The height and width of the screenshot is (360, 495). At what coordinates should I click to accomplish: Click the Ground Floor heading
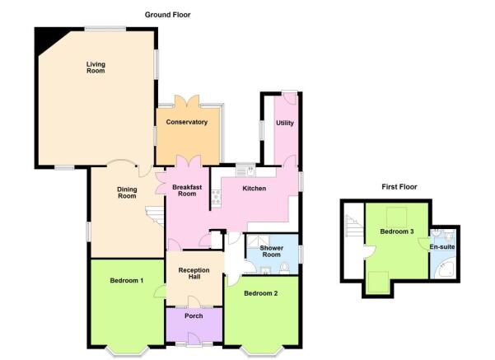[x=168, y=15]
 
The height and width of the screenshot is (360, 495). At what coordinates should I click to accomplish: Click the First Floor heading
[x=399, y=187]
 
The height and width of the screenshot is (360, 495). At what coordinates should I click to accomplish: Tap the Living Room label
[x=96, y=68]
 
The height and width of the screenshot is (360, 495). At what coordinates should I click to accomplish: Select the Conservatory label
[x=187, y=122]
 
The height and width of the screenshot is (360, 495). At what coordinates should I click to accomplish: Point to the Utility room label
[x=285, y=123]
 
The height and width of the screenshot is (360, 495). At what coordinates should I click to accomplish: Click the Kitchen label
[x=255, y=188]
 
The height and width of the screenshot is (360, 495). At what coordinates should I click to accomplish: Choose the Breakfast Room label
[x=187, y=190]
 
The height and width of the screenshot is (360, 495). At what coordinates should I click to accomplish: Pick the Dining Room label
[x=127, y=193]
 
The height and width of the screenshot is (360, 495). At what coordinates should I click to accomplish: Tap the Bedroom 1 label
[x=127, y=280]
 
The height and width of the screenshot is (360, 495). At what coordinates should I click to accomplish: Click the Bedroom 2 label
[x=261, y=293]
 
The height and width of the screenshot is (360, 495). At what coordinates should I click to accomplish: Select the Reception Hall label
[x=194, y=274]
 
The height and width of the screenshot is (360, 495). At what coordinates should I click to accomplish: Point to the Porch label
[x=194, y=316]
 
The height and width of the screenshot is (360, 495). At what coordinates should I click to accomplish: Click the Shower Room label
[x=272, y=251]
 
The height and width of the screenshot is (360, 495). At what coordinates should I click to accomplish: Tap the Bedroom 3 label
[x=397, y=231]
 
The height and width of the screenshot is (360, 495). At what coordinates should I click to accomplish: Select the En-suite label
[x=442, y=246]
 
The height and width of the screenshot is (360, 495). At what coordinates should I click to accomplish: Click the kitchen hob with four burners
[x=217, y=197]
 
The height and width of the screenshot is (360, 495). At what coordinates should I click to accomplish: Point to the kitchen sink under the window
[x=245, y=171]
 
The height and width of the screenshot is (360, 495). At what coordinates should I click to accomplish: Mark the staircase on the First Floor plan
[x=355, y=226]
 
